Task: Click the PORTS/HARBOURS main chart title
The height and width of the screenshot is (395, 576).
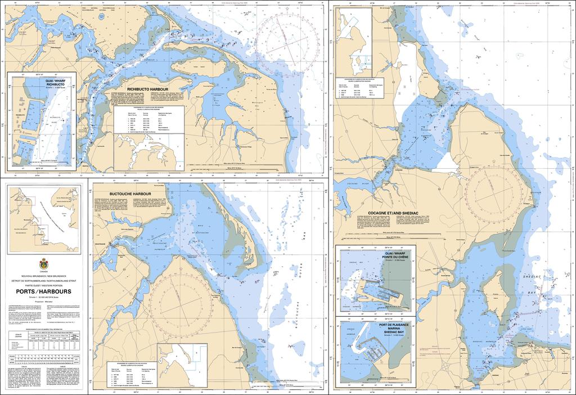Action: pos(44,291)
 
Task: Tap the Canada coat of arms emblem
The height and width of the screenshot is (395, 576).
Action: pos(44,264)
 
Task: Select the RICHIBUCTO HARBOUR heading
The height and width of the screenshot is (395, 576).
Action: pos(148,89)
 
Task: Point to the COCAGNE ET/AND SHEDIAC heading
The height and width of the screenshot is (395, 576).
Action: pos(375,213)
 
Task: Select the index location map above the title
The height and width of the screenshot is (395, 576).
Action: pos(44,217)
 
